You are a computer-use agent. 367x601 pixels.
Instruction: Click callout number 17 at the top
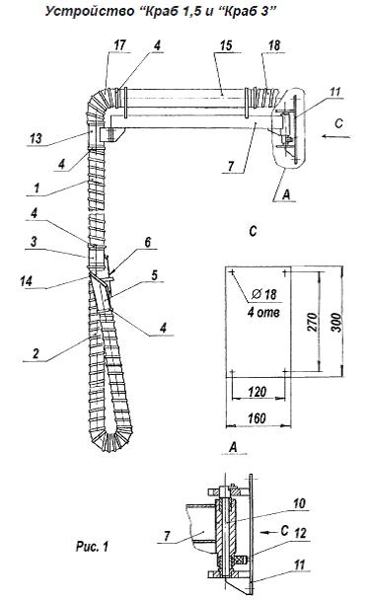point(119,44)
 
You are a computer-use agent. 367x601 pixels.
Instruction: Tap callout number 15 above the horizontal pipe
point(226,45)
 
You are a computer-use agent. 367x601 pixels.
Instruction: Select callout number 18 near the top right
point(274,45)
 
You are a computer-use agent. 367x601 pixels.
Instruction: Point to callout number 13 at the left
point(36,138)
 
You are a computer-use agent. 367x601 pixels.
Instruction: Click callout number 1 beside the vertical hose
point(37,188)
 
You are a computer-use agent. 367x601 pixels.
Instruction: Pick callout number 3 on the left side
point(35,242)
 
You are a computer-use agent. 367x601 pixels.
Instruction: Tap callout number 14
point(27,281)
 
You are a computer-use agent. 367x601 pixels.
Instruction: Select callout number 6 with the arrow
point(147,242)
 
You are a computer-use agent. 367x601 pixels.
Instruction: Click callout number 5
point(154,274)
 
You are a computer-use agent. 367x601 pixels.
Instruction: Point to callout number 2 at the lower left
point(36,353)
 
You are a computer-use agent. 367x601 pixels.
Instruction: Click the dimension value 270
point(312,322)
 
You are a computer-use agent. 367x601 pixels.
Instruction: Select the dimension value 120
point(257,392)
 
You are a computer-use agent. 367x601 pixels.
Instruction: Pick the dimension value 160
point(257,417)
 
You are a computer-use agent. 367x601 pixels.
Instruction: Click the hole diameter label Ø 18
point(264,294)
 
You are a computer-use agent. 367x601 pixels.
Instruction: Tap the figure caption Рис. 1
point(92,546)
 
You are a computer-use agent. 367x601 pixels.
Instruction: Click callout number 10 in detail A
point(299,503)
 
